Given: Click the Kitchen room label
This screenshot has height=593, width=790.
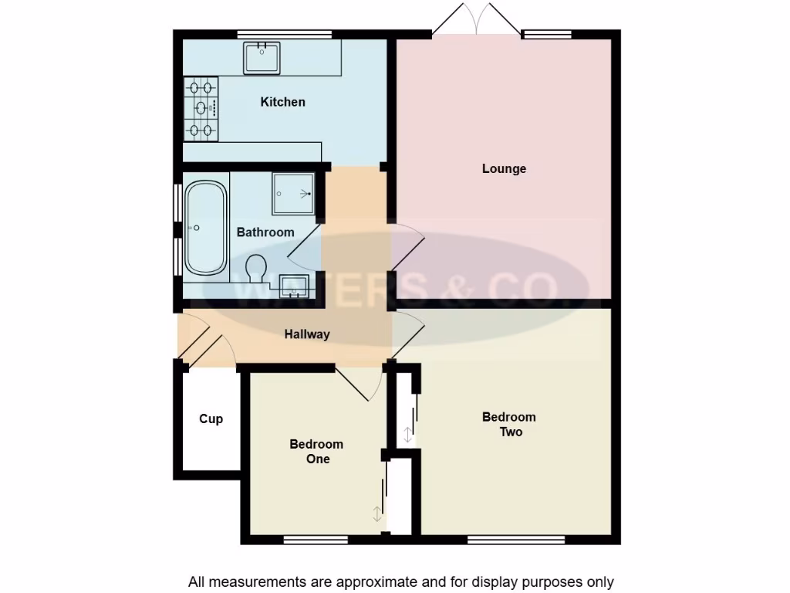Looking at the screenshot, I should pyautogui.click(x=282, y=102).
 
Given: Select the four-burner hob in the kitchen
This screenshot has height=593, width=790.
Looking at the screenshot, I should pyautogui.click(x=201, y=108).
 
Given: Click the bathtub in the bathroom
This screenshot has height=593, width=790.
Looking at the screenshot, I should pyautogui.click(x=204, y=228).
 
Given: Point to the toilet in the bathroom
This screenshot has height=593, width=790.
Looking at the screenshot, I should pyautogui.click(x=256, y=269).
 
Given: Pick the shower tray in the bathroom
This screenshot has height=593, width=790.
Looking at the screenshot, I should pyautogui.click(x=293, y=193).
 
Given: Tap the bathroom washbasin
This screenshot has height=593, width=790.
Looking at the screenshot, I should pyautogui.click(x=294, y=285).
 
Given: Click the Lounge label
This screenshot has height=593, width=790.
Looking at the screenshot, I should pyautogui.click(x=504, y=168).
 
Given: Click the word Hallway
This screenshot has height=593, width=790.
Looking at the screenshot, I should pyautogui.click(x=307, y=334).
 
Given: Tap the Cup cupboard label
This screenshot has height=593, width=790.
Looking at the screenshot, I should pyautogui.click(x=211, y=418).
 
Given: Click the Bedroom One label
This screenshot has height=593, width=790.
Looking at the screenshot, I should pyautogui.click(x=316, y=452).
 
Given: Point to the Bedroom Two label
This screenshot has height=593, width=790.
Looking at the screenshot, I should pyautogui.click(x=509, y=424).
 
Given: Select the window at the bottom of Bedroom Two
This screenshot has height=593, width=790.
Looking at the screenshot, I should pyautogui.click(x=516, y=539).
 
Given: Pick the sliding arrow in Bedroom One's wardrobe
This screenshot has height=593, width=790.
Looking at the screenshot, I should pyautogui.click(x=377, y=514).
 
